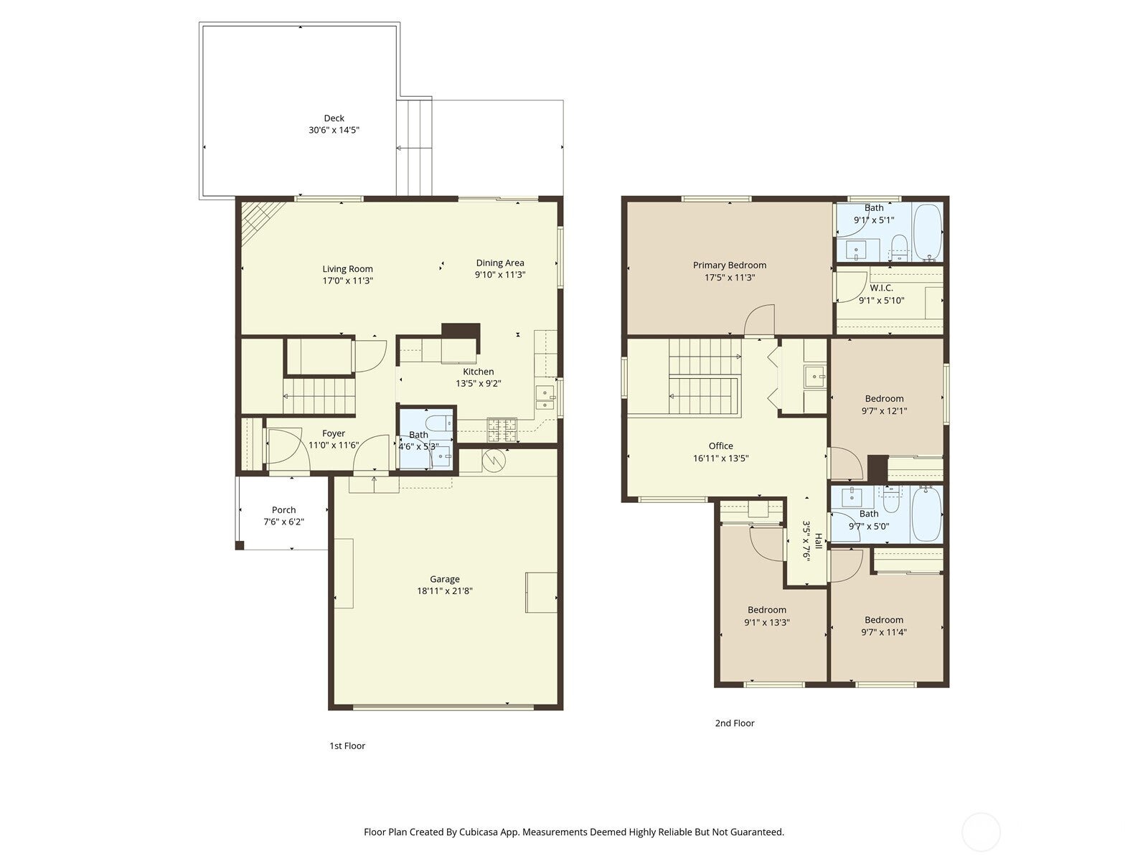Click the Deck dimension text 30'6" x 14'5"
coord(334,131)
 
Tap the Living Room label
coord(347,269)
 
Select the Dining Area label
coord(500,263)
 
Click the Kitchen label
coord(478,372)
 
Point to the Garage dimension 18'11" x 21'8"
coord(444,591)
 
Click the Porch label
coord(283,510)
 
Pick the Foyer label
coord(333,433)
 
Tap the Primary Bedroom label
coord(729,265)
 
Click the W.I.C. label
coord(881,288)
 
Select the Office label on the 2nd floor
coord(720,446)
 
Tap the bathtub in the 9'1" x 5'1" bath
coord(927,232)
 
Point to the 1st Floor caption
coord(347,745)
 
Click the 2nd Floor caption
coord(734,723)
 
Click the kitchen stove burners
coord(502,430)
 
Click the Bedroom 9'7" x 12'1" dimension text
coord(884,411)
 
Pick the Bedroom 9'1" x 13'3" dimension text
coord(766,622)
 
